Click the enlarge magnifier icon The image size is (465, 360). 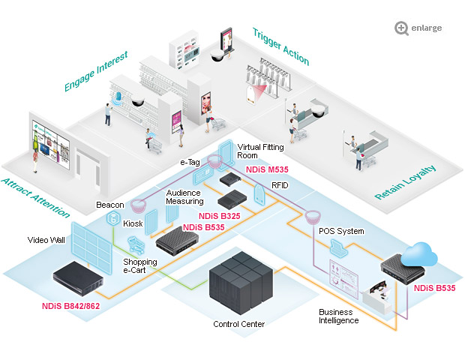[x=403, y=28]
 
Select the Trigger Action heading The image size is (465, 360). [x=280, y=46]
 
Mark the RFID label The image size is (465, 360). [x=270, y=184]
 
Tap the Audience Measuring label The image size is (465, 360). [x=184, y=196]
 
